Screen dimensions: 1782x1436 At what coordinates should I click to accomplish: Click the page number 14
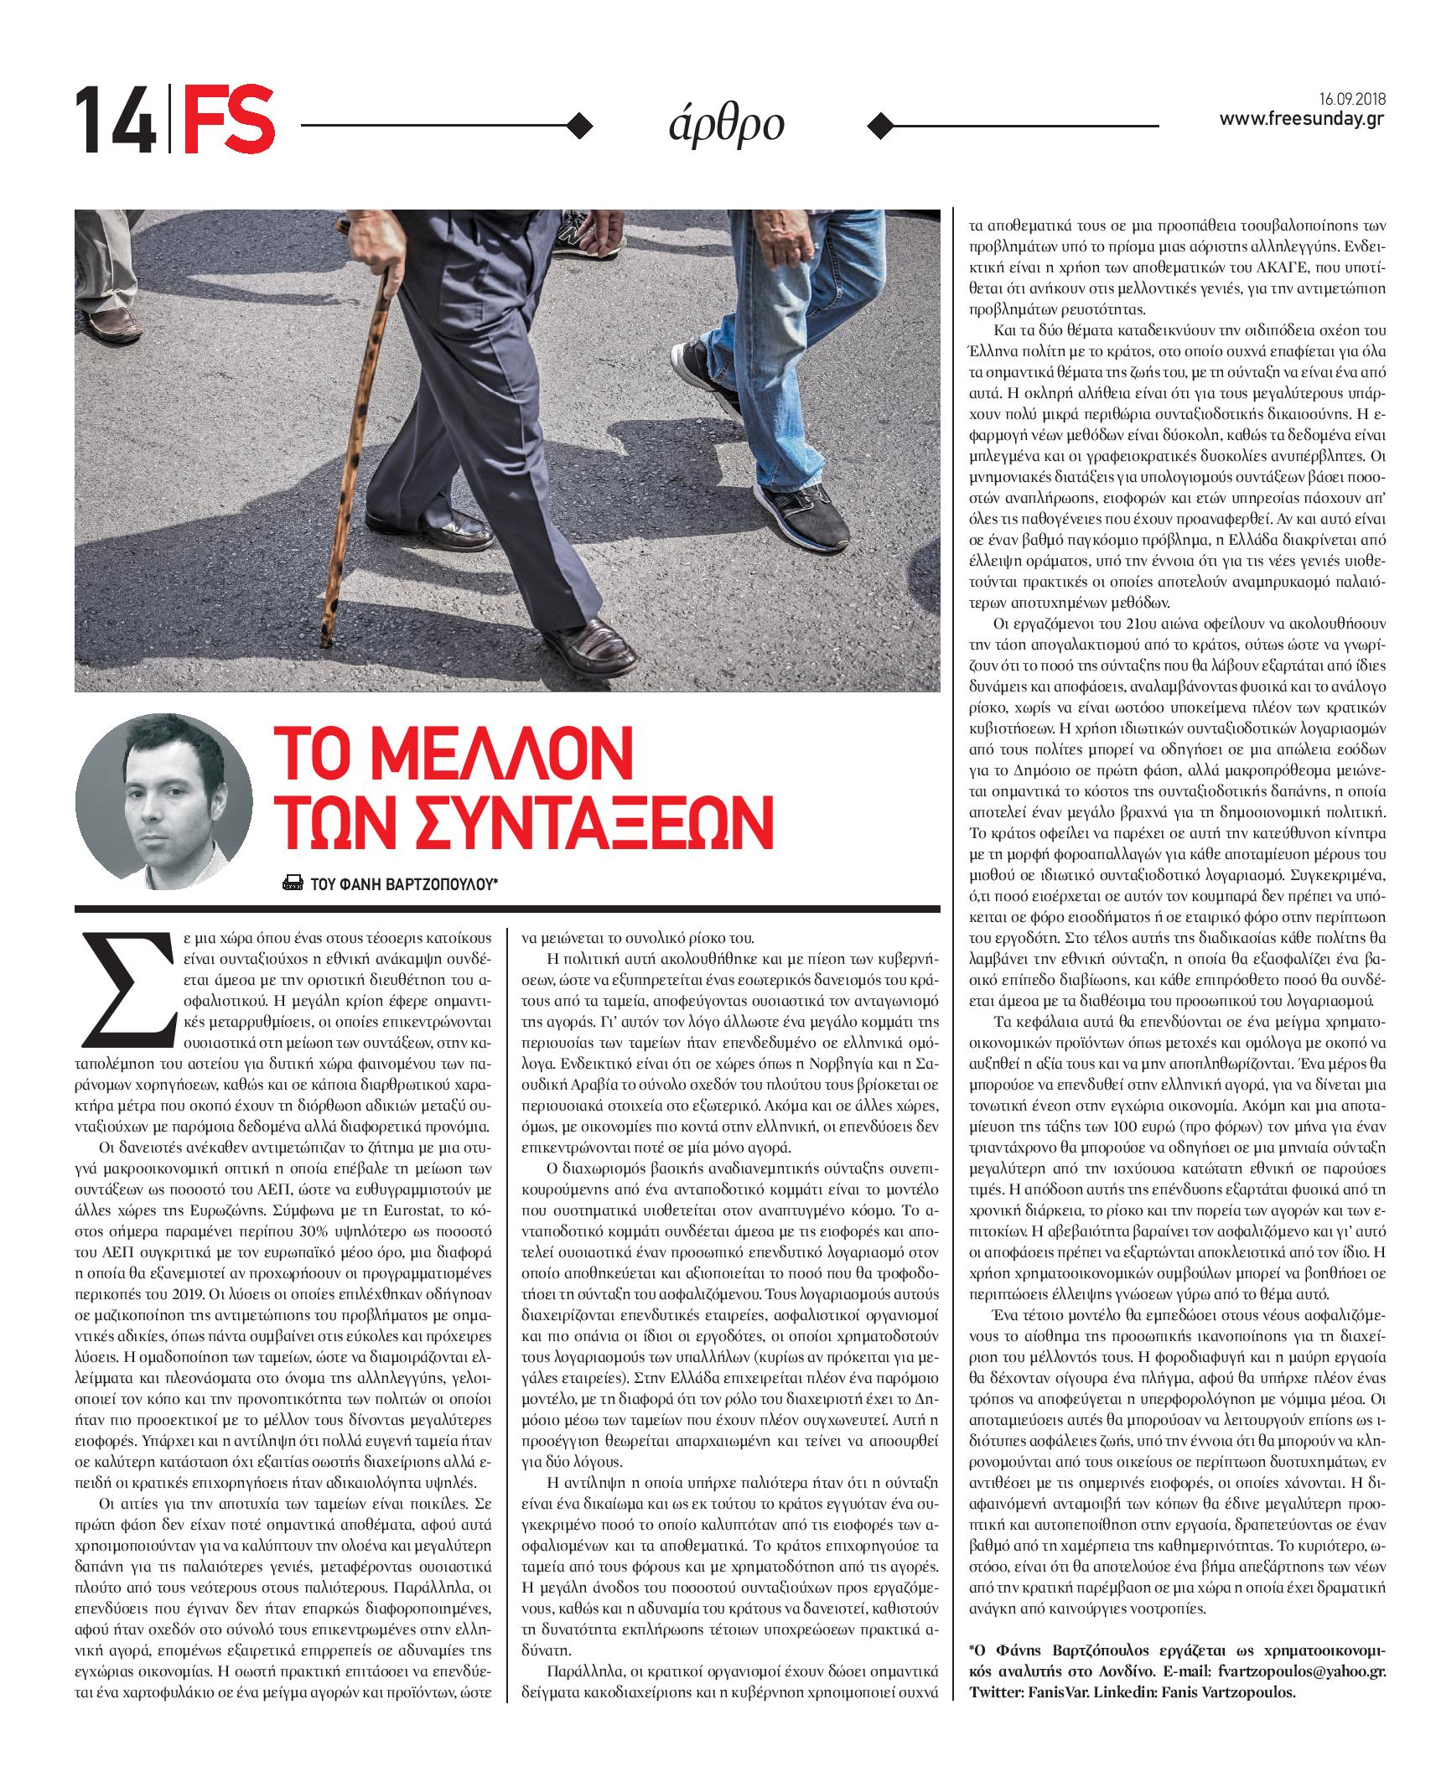(x=115, y=122)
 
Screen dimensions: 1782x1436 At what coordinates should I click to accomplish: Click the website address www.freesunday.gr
(x=1301, y=120)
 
